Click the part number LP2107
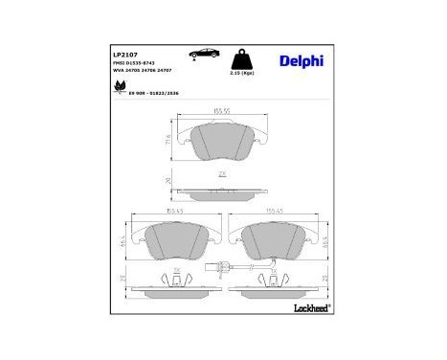[127, 55]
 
